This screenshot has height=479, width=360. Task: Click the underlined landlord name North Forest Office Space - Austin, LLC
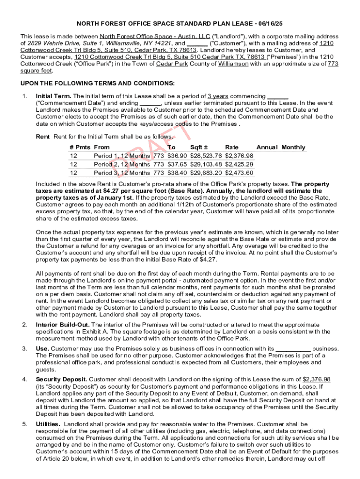point(155,36)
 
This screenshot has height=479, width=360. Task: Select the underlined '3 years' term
point(218,96)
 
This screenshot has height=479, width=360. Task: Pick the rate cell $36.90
point(177,156)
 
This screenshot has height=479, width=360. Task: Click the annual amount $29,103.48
point(206,164)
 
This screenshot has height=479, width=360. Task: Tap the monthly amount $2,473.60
point(239,173)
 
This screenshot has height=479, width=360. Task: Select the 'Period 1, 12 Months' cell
point(122,156)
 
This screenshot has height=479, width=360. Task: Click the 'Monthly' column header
point(293,147)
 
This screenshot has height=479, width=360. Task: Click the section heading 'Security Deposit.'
point(61,379)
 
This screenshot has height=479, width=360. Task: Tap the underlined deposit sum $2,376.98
point(317,379)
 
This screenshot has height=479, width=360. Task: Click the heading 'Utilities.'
point(48,424)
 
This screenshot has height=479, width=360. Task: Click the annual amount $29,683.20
point(206,173)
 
